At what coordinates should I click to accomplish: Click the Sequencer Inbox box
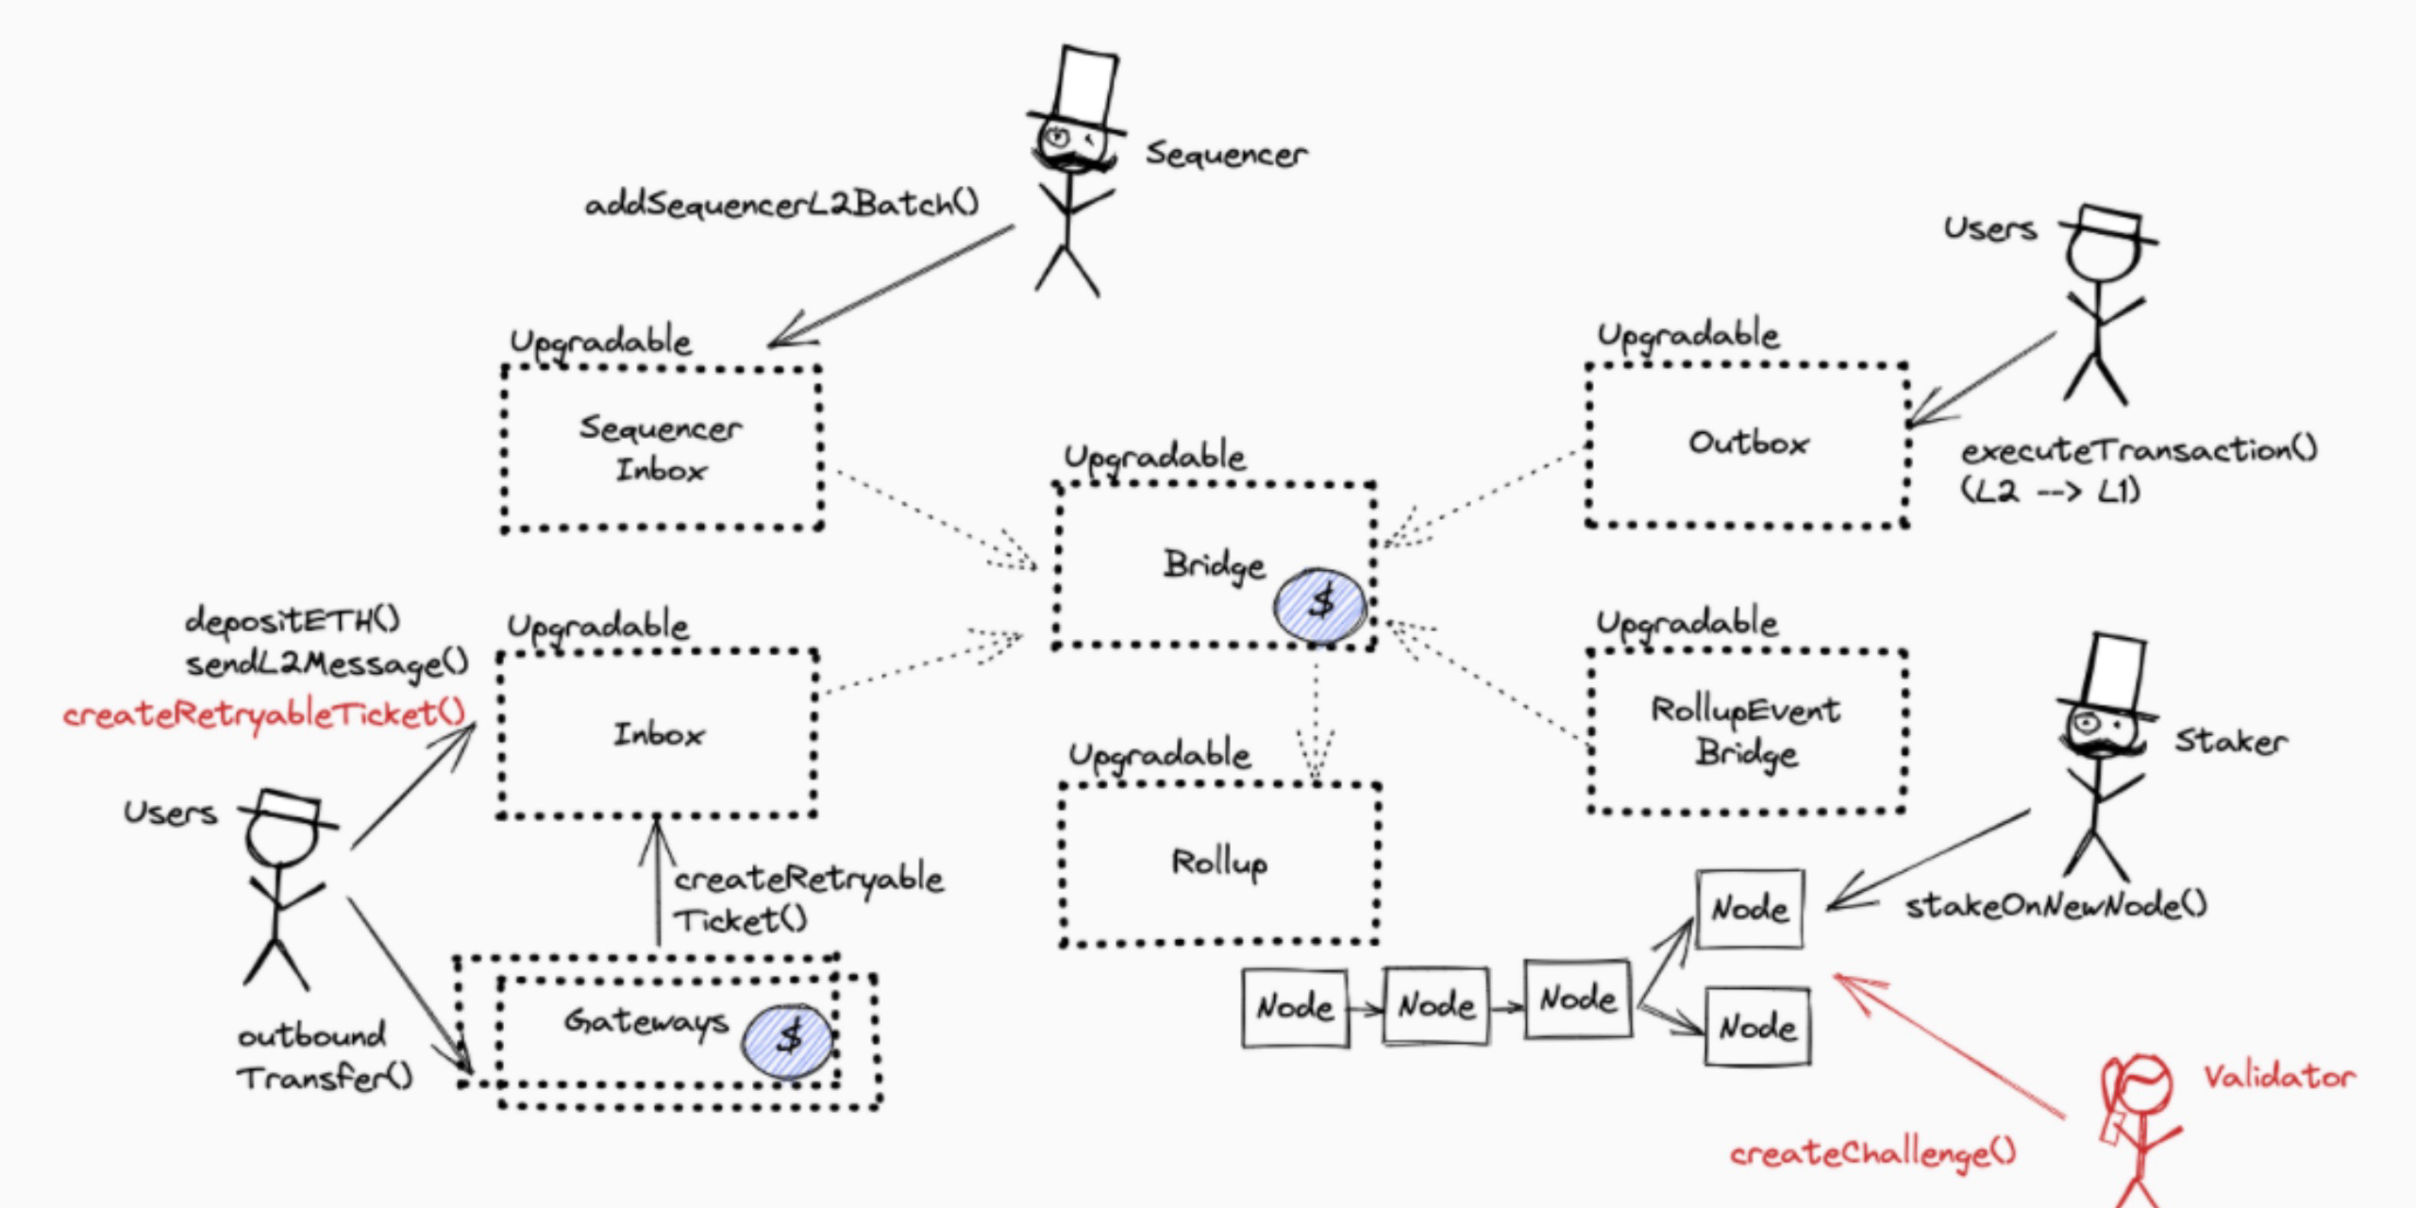coord(661,448)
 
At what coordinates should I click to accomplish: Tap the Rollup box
coord(1219,863)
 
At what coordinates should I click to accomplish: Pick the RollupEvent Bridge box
coord(1746,731)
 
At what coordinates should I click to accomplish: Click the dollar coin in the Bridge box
coord(1320,604)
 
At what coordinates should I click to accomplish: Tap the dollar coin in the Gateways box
coord(788,1039)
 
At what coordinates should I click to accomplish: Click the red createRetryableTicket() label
coord(264,714)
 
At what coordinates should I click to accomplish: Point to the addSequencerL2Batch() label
coord(781,204)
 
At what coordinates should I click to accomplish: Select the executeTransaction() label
coord(2139,451)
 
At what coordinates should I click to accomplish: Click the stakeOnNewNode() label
coord(2055,906)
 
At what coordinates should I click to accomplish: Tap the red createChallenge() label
coord(1872,1153)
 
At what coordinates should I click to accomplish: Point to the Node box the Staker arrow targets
coord(1750,909)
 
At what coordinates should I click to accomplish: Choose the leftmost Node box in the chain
coord(1295,1008)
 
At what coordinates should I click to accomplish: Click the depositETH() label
coord(293,620)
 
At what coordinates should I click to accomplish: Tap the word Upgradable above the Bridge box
coord(1155,457)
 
